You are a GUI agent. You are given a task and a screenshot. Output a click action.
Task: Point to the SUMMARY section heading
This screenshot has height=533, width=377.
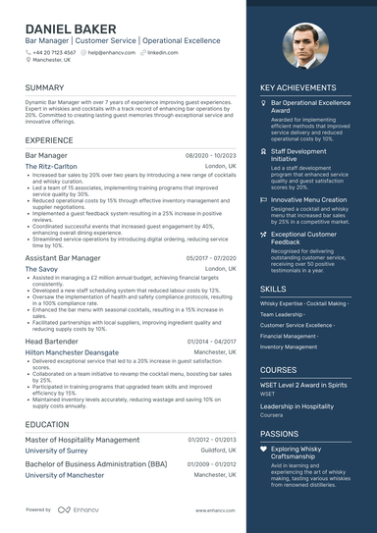pyautogui.click(x=45, y=87)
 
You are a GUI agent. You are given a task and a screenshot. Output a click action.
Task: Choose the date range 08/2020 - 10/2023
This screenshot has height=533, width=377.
pyautogui.click(x=211, y=156)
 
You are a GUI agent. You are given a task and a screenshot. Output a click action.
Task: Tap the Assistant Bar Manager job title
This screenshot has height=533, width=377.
pyautogui.click(x=63, y=257)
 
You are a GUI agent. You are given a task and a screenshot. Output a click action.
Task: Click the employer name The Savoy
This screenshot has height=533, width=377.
pyautogui.click(x=41, y=268)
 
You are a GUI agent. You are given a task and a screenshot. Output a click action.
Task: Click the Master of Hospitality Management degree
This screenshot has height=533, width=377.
pyautogui.click(x=82, y=440)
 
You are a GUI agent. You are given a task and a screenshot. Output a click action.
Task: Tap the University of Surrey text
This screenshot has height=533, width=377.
pyautogui.click(x=57, y=451)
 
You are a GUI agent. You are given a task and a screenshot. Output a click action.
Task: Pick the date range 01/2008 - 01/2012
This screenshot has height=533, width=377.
pyautogui.click(x=211, y=463)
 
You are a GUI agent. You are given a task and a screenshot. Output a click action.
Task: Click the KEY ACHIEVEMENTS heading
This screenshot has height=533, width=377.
pyautogui.click(x=298, y=87)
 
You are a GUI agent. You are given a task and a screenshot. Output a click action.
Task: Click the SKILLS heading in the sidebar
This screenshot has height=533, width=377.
pyautogui.click(x=274, y=289)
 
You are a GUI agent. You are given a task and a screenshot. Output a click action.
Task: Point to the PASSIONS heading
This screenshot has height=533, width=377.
pyautogui.click(x=280, y=433)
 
